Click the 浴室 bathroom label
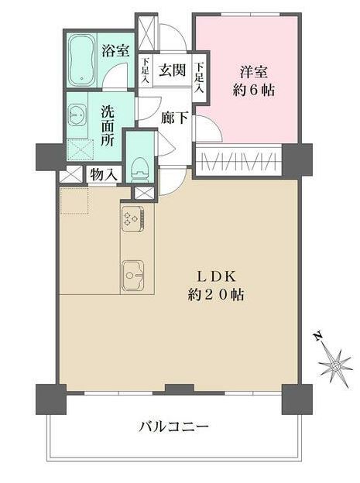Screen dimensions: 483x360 pos(115,52)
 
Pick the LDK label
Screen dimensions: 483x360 pos(216,276)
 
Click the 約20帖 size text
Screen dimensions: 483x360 pos(216,294)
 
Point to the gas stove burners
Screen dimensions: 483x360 pos(130,220)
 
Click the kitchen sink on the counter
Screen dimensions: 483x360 pos(132,272)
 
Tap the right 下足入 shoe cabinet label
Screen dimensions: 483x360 pos(199,76)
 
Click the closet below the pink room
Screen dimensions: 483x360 pos(245,162)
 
